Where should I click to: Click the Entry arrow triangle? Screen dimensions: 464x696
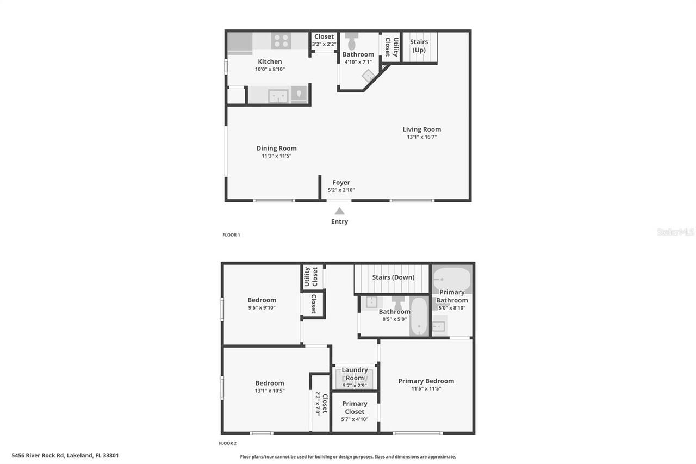pos(339,211)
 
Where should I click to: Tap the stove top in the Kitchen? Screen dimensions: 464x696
pos(281,40)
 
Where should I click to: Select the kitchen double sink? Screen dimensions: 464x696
pos(278,96)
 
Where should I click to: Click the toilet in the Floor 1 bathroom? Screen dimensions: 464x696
pos(351,41)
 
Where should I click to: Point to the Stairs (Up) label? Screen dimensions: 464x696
pos(419,46)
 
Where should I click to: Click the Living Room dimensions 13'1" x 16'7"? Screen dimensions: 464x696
pos(421,137)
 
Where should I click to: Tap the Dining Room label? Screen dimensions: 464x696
pos(276,148)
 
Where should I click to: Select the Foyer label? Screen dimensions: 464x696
pos(341,183)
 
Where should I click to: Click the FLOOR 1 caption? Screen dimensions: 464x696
pos(231,235)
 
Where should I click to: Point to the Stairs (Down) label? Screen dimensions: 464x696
pos(393,277)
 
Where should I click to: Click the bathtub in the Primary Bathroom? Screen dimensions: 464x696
pos(451,278)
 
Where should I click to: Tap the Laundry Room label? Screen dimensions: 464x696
pos(355,374)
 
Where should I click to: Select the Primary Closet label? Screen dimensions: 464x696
pos(355,407)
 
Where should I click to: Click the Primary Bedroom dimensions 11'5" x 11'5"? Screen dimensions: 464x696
pos(426,389)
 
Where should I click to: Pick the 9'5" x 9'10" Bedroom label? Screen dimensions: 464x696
pos(262,300)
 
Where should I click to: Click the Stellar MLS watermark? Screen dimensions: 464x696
pos(675,232)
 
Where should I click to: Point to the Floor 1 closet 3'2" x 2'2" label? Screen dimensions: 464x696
pos(324,37)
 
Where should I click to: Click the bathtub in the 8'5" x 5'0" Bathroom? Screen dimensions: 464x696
pos(419,317)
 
